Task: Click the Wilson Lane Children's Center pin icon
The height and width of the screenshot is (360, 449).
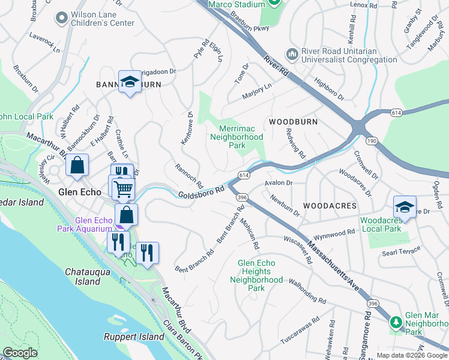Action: (x=61, y=19)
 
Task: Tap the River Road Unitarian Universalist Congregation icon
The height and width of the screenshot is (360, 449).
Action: (x=292, y=55)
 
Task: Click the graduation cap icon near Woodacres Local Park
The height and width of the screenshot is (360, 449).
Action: (x=404, y=208)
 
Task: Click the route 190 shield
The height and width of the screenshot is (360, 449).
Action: (x=372, y=140)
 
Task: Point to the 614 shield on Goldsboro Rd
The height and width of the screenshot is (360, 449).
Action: (x=243, y=175)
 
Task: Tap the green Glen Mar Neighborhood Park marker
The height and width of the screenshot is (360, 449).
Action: (x=395, y=322)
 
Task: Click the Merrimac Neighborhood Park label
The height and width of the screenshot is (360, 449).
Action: (x=237, y=137)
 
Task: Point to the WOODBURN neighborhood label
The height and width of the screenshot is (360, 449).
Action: (x=293, y=121)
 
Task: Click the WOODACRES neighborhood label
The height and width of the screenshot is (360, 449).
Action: (x=330, y=205)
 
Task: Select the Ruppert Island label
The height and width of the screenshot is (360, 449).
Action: (x=133, y=337)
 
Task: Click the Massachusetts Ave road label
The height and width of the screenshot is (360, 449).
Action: (x=333, y=266)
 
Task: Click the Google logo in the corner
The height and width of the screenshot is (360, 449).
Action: (x=20, y=353)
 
